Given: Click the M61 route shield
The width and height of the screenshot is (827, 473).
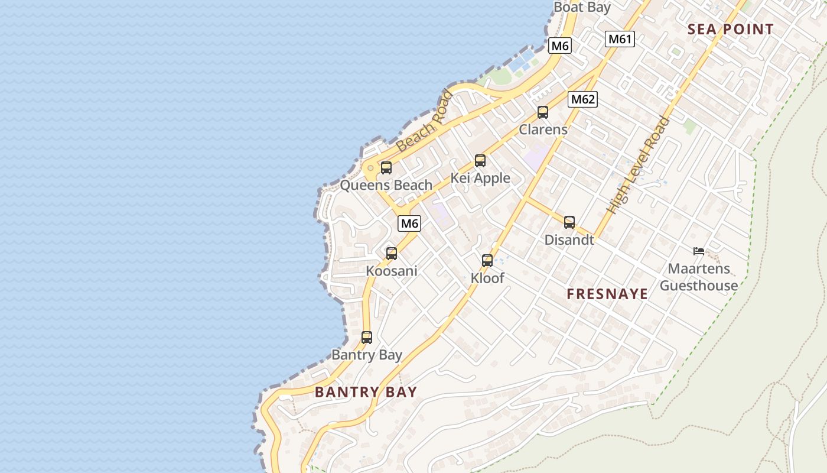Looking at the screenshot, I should tap(620, 39).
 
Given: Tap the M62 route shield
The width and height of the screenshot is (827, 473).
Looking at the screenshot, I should tap(582, 99).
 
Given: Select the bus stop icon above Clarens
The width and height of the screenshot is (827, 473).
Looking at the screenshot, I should tap(543, 112).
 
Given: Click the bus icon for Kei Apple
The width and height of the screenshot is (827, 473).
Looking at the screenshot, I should tap(480, 161).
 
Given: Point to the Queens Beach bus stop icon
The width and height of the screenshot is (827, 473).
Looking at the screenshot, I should tap(386, 168).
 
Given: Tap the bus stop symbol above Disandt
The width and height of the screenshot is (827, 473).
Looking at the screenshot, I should tap(569, 222).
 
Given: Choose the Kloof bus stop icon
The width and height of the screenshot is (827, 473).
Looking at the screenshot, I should tap(487, 261).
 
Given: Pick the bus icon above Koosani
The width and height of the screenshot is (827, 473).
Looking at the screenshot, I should tap(392, 254).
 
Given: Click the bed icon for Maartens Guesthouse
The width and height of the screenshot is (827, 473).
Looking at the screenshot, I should tap(699, 251).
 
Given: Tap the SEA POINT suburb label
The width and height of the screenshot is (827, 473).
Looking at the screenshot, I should tap(730, 30).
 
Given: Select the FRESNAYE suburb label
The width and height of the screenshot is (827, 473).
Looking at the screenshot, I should tap(607, 294).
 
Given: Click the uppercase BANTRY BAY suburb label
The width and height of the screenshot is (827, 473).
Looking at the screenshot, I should tap(366, 392).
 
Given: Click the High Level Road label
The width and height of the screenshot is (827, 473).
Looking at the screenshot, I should tap(639, 166).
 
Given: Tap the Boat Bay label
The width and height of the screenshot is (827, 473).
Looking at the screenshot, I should tap(582, 7).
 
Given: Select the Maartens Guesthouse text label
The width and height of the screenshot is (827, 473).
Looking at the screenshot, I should tap(699, 277).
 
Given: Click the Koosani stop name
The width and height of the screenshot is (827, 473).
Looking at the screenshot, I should tap(392, 271).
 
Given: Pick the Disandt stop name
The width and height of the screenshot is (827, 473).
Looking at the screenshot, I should tap(569, 240).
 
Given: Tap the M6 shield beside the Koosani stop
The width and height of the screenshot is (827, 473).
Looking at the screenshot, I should tap(409, 223).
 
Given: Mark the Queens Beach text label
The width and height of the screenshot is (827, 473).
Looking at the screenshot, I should tap(386, 185).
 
